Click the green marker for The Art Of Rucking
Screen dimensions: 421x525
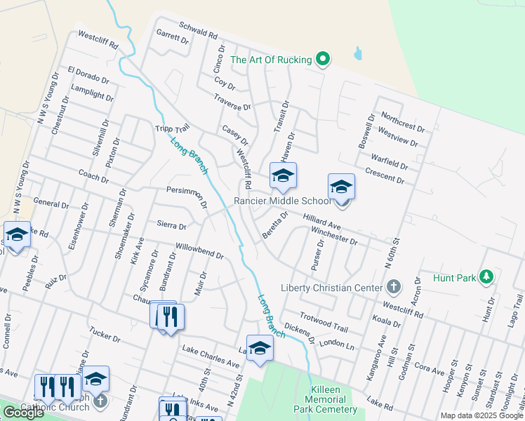323,60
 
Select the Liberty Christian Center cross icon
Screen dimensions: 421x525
394,287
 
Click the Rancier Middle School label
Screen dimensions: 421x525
282,201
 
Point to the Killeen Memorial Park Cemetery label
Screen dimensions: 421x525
334,399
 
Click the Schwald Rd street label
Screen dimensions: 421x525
198,32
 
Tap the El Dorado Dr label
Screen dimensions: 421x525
88,75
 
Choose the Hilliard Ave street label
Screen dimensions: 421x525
321,222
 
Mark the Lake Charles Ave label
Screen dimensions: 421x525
211,356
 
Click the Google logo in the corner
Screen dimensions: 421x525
23,413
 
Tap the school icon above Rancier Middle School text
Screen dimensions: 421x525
283,175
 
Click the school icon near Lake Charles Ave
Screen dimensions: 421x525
260,347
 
